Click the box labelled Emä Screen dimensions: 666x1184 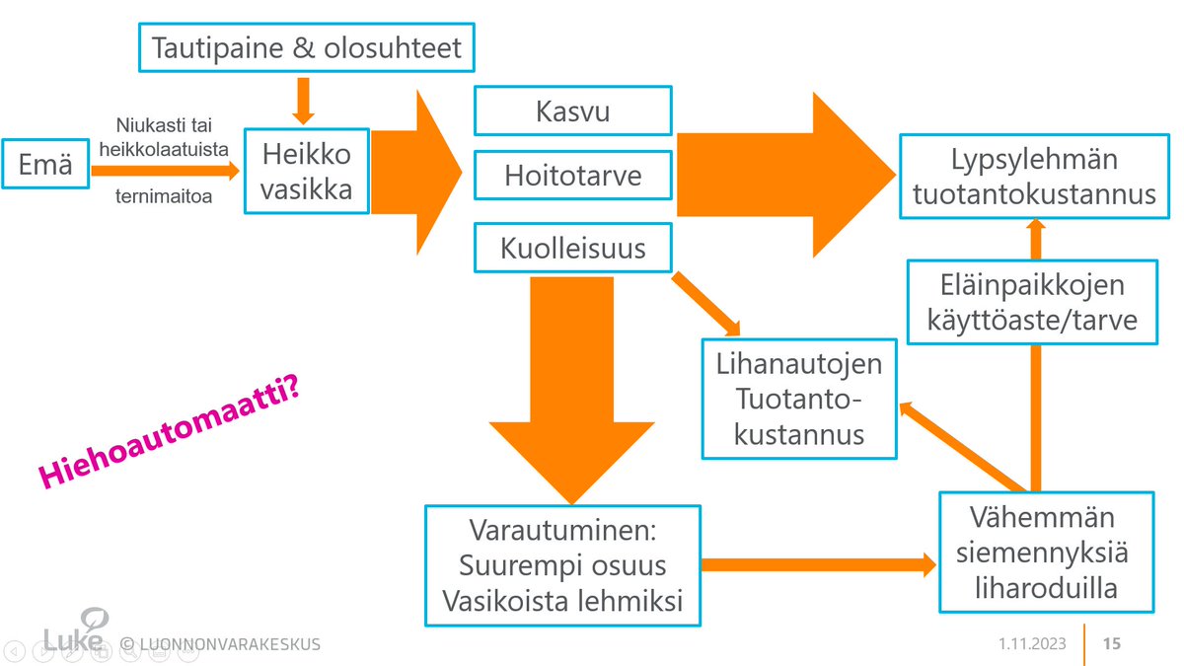click(x=45, y=165)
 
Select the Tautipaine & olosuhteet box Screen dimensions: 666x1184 click(x=305, y=47)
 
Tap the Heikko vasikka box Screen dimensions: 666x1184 click(x=307, y=171)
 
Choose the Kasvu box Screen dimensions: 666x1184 click(x=572, y=111)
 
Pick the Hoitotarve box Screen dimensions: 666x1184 click(x=572, y=176)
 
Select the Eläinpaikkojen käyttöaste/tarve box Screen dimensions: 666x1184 click(x=1031, y=302)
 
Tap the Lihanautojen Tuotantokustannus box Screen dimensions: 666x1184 click(x=799, y=399)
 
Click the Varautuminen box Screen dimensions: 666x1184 click(x=562, y=565)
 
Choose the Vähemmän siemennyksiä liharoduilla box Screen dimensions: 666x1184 click(x=1045, y=553)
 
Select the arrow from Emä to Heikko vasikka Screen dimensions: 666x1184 click(x=164, y=171)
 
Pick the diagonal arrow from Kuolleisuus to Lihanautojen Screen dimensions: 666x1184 click(x=705, y=304)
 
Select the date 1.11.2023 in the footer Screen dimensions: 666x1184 click(x=1031, y=644)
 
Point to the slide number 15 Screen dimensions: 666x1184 click(x=1111, y=644)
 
